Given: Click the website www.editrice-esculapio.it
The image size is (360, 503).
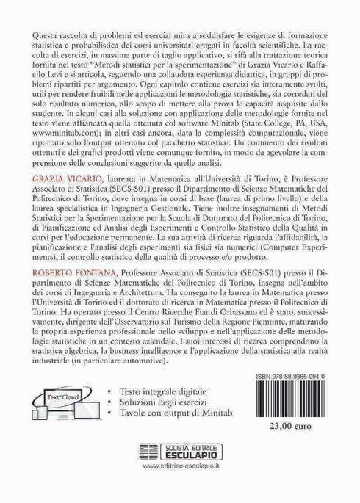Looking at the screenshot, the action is click(x=180, y=485).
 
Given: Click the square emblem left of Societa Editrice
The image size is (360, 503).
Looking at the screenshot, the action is click(x=148, y=468).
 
